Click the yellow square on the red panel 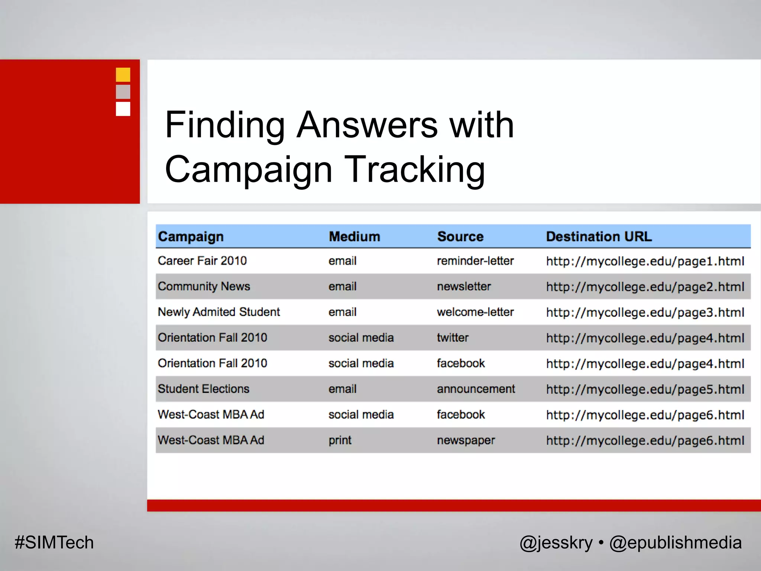pyautogui.click(x=123, y=75)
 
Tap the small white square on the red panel pyautogui.click(x=123, y=109)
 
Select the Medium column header pyautogui.click(x=354, y=236)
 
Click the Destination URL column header pyautogui.click(x=599, y=236)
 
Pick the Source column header pyautogui.click(x=460, y=236)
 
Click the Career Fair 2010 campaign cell pyautogui.click(x=202, y=261)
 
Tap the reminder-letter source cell pyautogui.click(x=475, y=261)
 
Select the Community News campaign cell pyautogui.click(x=204, y=286)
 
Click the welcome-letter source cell pyautogui.click(x=475, y=312)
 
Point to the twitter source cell pyautogui.click(x=453, y=338)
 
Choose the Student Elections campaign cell pyautogui.click(x=203, y=389)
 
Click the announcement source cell pyautogui.click(x=476, y=389)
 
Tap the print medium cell pyautogui.click(x=340, y=440)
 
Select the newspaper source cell pyautogui.click(x=466, y=440)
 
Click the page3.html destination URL pyautogui.click(x=645, y=312)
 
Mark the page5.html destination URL pyautogui.click(x=645, y=389)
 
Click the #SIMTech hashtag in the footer pyautogui.click(x=54, y=542)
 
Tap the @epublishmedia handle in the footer pyautogui.click(x=675, y=542)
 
